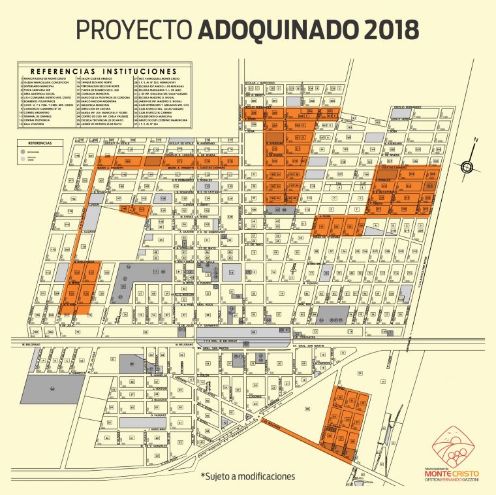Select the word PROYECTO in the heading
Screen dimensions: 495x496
point(134,29)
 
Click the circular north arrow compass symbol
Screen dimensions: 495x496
point(467,166)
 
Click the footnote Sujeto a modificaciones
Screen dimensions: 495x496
point(247,476)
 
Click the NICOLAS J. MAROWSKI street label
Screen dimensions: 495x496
point(260,83)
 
